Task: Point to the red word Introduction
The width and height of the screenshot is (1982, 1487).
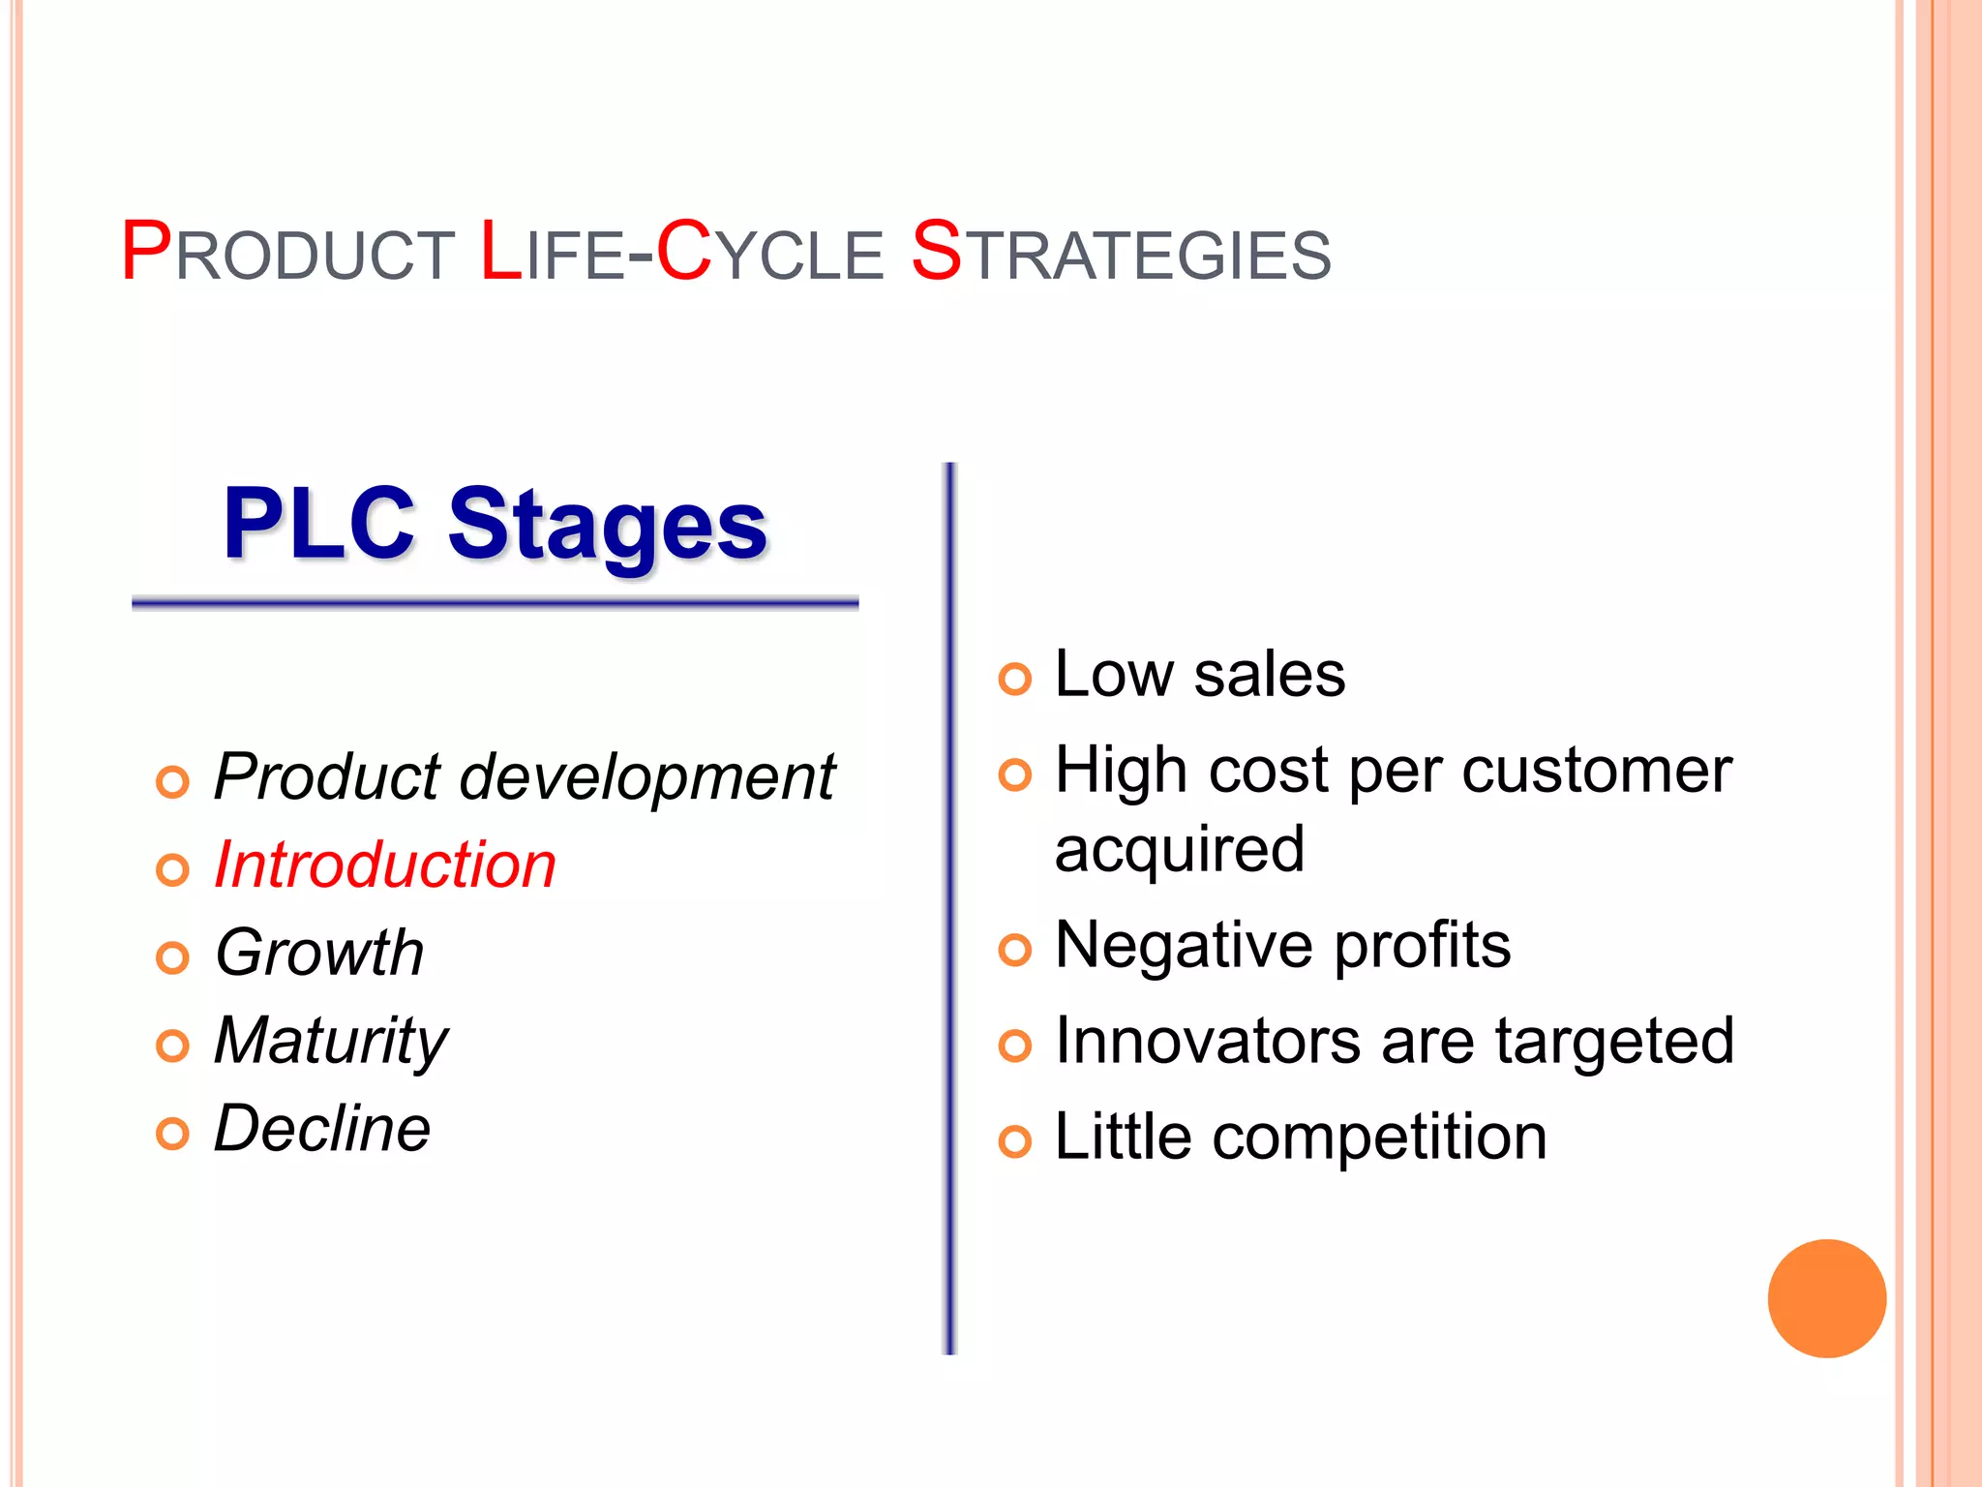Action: tap(384, 865)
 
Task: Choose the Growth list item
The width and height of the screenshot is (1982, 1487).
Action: tap(319, 953)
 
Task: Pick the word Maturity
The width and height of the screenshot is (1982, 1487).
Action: tap(331, 1042)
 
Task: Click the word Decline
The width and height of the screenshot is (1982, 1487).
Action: tap(322, 1129)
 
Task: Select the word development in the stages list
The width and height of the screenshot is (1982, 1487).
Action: tap(646, 777)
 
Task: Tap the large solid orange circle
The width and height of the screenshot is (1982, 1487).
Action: tap(1826, 1298)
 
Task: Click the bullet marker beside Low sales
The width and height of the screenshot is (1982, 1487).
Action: tap(1014, 680)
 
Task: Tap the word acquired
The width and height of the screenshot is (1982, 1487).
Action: tap(1179, 850)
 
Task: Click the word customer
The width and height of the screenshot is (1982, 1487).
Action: tap(1596, 772)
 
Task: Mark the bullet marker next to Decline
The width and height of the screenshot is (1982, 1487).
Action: tap(172, 1134)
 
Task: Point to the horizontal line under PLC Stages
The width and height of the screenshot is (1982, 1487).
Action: tap(495, 604)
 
